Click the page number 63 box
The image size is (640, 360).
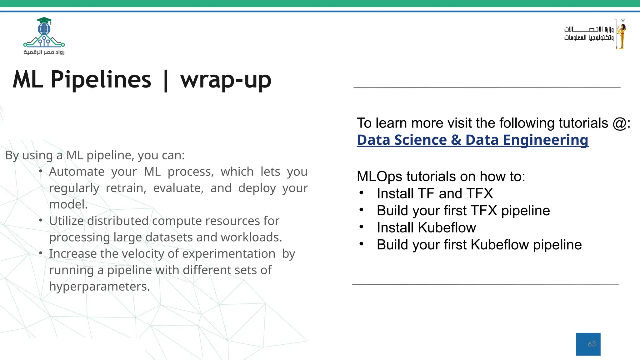pyautogui.click(x=588, y=344)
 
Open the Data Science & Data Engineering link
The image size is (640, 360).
pyautogui.click(x=472, y=140)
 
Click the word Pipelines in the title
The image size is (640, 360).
pyautogui.click(x=101, y=80)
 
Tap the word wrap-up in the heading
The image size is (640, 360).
pyautogui.click(x=226, y=80)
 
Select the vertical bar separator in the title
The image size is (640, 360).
pyautogui.click(x=166, y=81)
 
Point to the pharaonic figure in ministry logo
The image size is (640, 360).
pyautogui.click(x=621, y=34)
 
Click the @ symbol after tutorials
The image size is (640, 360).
pyautogui.click(x=619, y=123)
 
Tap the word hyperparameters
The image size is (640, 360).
pyautogui.click(x=99, y=287)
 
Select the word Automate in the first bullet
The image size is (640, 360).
pyautogui.click(x=77, y=172)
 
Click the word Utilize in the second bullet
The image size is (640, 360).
pyautogui.click(x=66, y=221)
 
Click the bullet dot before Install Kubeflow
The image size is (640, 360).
pyautogui.click(x=361, y=227)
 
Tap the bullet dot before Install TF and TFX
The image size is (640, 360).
pyautogui.click(x=361, y=193)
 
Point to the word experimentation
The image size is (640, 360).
pyautogui.click(x=228, y=254)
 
